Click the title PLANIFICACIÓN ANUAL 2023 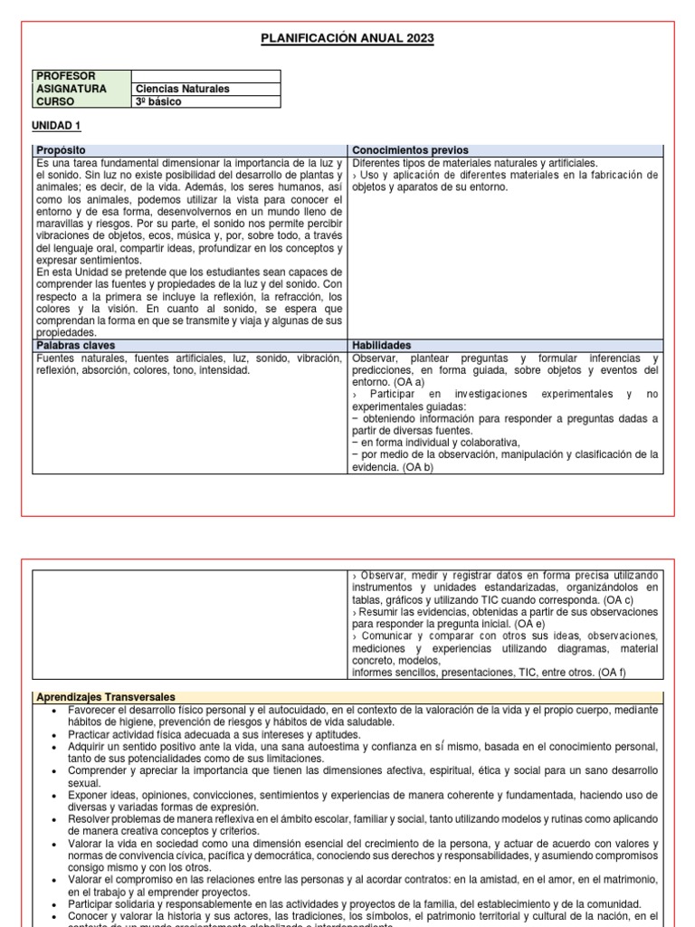(x=347, y=38)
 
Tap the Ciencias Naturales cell (x=182, y=89)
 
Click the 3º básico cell (x=158, y=101)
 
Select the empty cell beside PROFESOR (x=205, y=76)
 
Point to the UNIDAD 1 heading (x=56, y=125)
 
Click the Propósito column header (x=62, y=150)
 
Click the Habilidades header (x=382, y=346)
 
